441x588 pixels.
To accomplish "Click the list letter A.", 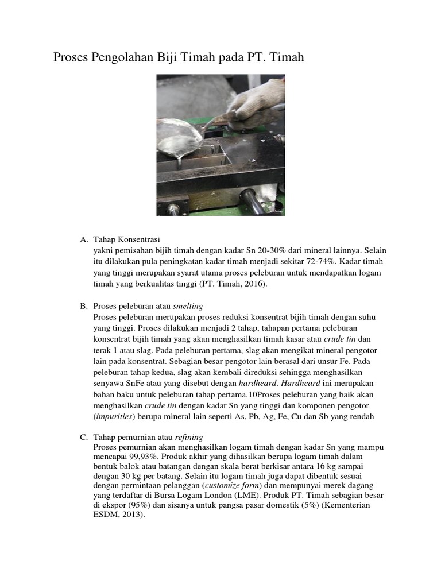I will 84,239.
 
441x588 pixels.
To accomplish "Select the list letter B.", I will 84,306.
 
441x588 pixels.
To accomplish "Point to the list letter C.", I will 84,437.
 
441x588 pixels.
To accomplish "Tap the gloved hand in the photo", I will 258,103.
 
